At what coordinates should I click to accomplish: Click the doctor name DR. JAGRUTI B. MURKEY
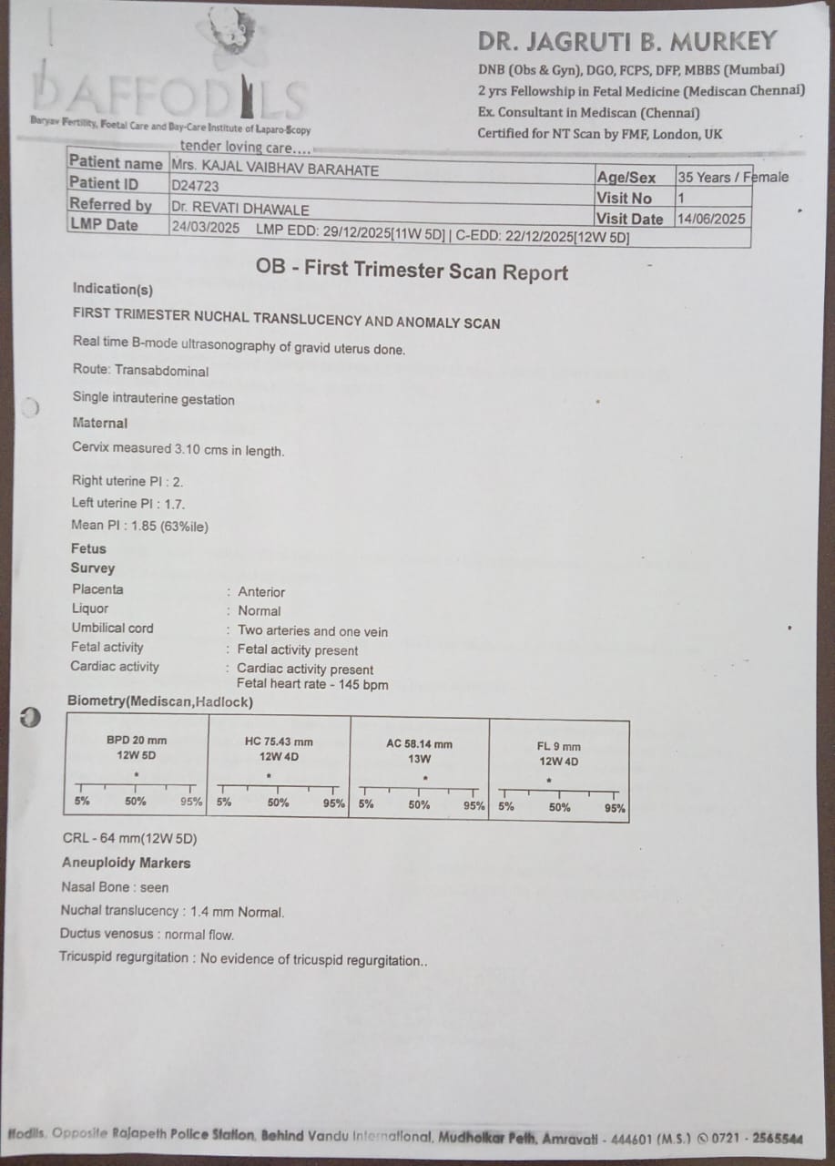click(x=627, y=41)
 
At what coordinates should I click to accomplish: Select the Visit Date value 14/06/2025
click(x=711, y=219)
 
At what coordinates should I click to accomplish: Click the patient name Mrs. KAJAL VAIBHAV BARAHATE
click(x=275, y=169)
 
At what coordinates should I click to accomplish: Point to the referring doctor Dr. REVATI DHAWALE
click(x=240, y=209)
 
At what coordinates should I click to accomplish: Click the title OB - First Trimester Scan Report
click(x=412, y=271)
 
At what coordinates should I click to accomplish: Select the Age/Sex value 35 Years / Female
click(x=732, y=178)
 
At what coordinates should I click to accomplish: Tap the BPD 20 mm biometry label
click(x=137, y=741)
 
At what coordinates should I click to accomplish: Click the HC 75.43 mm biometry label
click(x=279, y=742)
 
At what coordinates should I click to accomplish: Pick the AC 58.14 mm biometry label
click(x=419, y=743)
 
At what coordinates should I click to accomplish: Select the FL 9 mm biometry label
click(x=558, y=746)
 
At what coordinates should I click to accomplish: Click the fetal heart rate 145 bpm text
click(x=312, y=684)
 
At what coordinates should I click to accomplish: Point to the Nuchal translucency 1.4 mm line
click(x=172, y=911)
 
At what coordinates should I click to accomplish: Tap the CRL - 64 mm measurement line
click(x=130, y=839)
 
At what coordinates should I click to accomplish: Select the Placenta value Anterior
click(x=261, y=592)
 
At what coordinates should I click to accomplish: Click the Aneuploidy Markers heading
click(x=126, y=863)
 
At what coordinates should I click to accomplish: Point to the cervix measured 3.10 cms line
click(x=178, y=450)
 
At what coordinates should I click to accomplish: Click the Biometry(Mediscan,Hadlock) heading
click(x=160, y=702)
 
